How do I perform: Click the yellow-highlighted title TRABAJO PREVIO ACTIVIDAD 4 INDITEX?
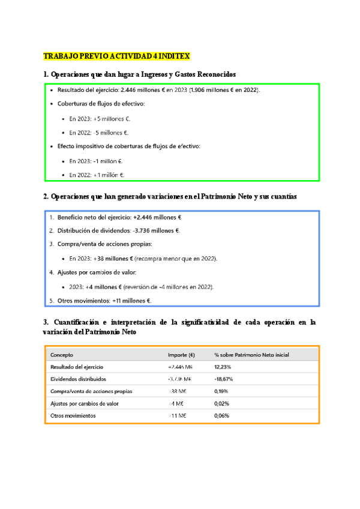point(116,56)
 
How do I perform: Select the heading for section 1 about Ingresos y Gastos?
point(139,74)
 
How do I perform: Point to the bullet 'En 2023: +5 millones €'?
point(100,119)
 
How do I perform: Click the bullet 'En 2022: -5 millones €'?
point(98,133)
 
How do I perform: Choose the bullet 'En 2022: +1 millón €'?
point(97,175)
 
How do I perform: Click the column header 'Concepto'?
point(62,355)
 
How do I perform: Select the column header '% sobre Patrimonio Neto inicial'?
point(251,355)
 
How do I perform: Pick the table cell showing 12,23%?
point(223,367)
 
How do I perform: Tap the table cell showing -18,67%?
point(224,379)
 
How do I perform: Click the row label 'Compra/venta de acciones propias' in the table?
point(91,391)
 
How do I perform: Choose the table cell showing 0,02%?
point(222,403)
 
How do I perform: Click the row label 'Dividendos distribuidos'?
point(78,379)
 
